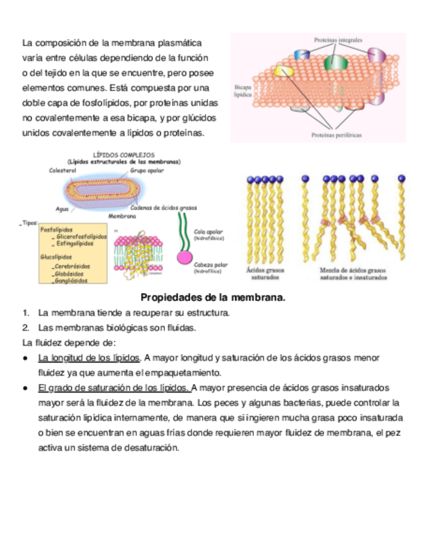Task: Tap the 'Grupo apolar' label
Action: [x=147, y=170]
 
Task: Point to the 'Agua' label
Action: [x=62, y=209]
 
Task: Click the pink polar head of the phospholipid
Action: [x=184, y=257]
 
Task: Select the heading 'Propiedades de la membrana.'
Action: [x=213, y=298]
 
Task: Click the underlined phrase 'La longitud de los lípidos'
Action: [x=89, y=357]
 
